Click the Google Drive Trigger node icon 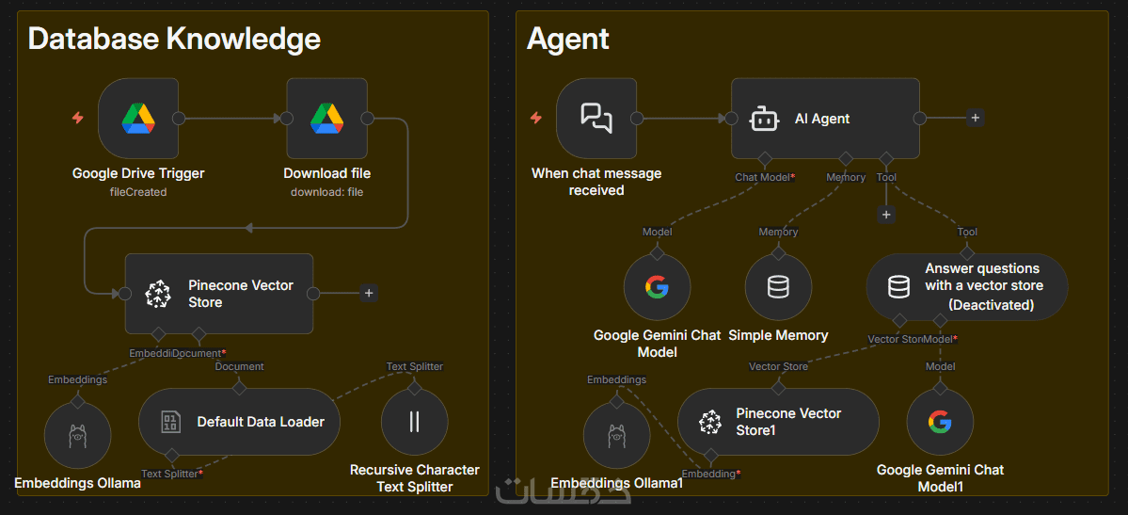click(137, 119)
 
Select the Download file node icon click(326, 119)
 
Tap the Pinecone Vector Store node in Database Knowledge click(218, 294)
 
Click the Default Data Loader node click(239, 422)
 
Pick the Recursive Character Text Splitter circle click(414, 422)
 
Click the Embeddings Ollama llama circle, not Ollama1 click(77, 437)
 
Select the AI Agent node click(824, 119)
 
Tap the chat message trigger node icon click(596, 119)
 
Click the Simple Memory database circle click(778, 287)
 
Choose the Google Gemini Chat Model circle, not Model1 click(657, 287)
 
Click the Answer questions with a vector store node click(966, 286)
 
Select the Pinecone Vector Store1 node click(778, 422)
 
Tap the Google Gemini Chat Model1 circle click(939, 422)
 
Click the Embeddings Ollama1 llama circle click(616, 437)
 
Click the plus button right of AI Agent click(976, 118)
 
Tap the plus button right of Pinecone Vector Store click(369, 293)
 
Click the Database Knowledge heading click(174, 40)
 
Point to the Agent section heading click(567, 40)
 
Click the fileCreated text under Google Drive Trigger click(138, 192)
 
